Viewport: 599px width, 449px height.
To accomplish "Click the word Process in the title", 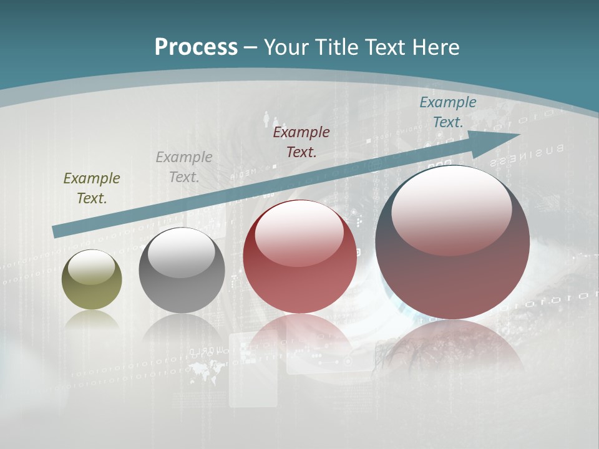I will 196,47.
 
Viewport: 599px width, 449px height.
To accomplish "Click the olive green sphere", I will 92,280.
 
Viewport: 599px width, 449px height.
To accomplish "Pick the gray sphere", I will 182,271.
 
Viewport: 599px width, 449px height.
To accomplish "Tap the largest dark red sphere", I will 452,243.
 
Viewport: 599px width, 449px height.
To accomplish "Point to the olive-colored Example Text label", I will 92,188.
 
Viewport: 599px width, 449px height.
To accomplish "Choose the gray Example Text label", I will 184,167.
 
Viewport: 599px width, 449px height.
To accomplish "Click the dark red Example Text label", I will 301,142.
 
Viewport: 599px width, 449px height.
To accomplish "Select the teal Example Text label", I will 447,112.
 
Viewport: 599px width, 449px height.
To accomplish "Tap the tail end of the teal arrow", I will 56,232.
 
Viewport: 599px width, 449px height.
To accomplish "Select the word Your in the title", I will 288,47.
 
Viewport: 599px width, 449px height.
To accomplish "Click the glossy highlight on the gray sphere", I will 181,253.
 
